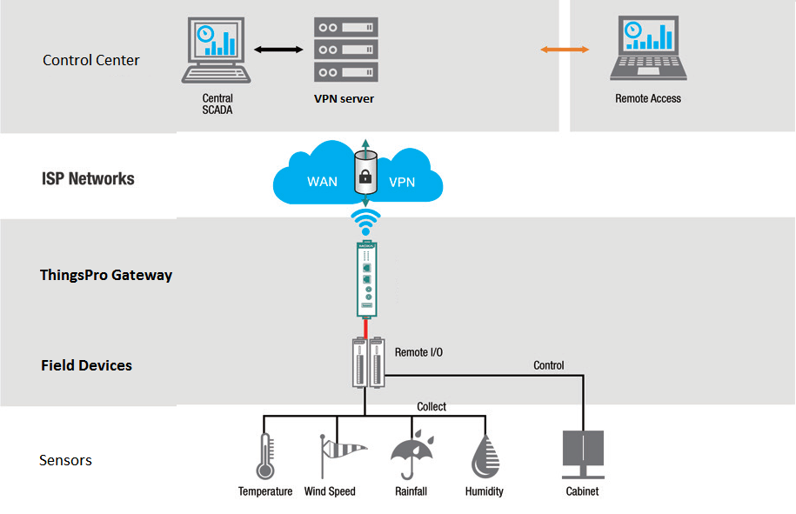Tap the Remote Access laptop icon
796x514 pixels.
click(x=648, y=50)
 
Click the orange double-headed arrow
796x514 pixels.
click(x=565, y=50)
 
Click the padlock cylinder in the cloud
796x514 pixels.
click(x=365, y=173)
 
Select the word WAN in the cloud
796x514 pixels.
click(x=323, y=183)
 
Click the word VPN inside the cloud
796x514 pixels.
click(x=402, y=183)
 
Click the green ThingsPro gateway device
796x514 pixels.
click(x=365, y=279)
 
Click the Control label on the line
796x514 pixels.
click(x=549, y=365)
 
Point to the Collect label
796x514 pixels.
click(x=431, y=406)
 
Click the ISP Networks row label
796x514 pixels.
click(x=88, y=179)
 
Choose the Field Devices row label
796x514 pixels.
click(x=86, y=365)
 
